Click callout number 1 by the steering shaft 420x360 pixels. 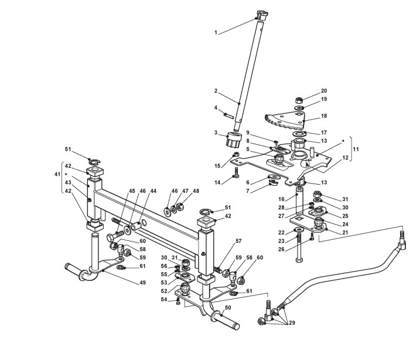point(217,33)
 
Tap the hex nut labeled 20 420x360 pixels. point(299,99)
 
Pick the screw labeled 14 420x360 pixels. point(236,173)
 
